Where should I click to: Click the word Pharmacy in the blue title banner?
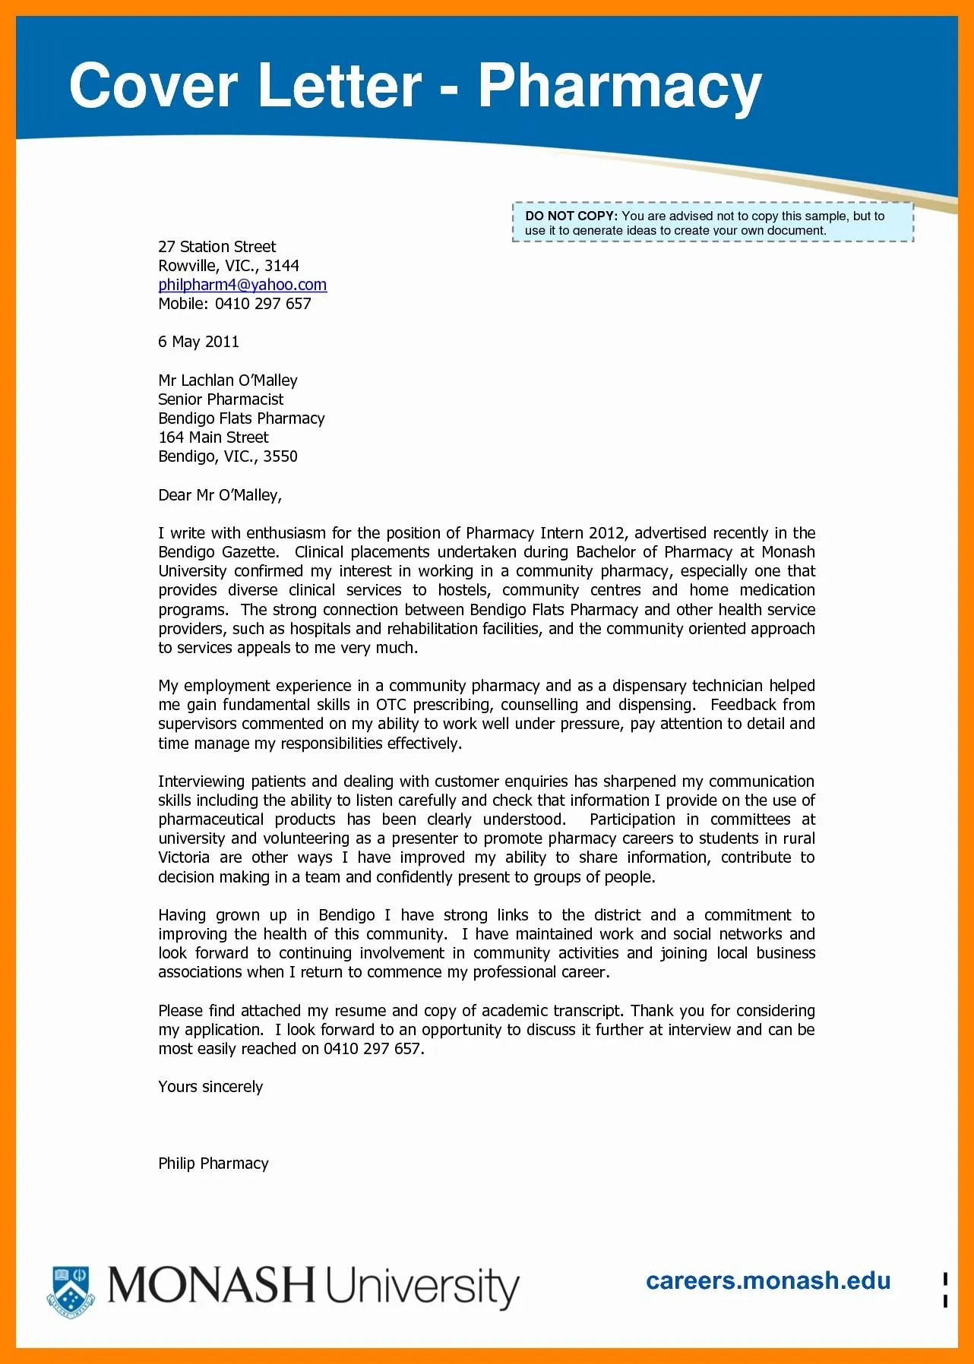tap(619, 87)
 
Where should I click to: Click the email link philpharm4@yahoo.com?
tap(242, 285)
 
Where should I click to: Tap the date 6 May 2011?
tap(198, 342)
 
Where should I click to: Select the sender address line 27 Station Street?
tap(217, 247)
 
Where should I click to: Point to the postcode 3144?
tap(282, 266)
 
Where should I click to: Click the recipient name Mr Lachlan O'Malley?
tap(228, 380)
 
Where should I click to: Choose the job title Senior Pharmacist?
tap(220, 399)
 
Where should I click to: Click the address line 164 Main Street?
tap(213, 437)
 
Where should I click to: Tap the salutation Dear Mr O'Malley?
tap(220, 495)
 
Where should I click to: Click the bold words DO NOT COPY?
tap(571, 216)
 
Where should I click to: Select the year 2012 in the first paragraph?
tap(606, 533)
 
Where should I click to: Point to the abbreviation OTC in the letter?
tap(391, 705)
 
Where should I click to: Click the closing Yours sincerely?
tap(210, 1087)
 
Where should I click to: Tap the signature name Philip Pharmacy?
tap(213, 1164)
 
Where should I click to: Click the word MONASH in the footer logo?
tap(211, 1286)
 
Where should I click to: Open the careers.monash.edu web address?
tap(767, 1281)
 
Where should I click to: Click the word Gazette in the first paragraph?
tap(248, 552)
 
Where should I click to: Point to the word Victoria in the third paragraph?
tap(184, 857)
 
